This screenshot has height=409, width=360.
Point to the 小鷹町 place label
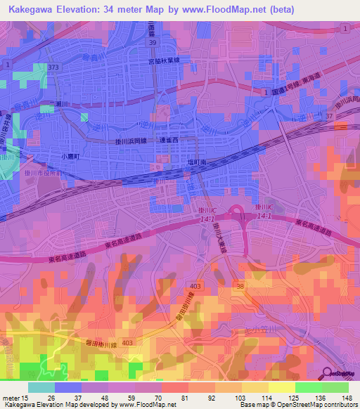[70, 157]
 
